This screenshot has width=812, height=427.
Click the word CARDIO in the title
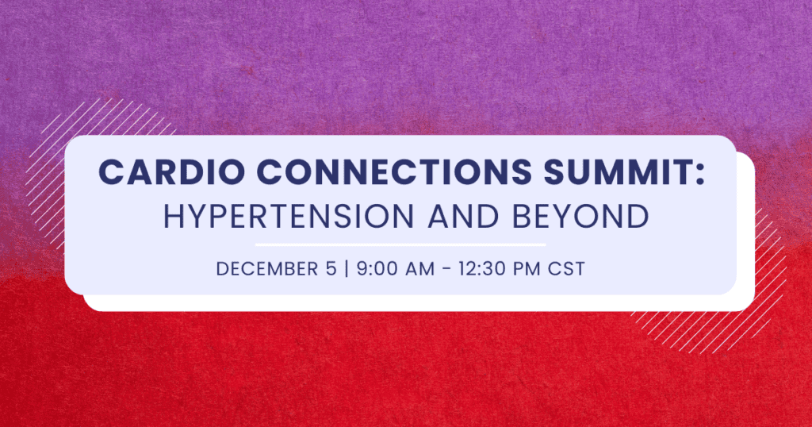[171, 171]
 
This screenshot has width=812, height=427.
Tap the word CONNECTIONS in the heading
[394, 171]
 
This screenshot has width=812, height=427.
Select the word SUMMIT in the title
[617, 171]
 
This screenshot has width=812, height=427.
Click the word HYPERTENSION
[289, 216]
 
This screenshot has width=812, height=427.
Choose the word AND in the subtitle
[463, 216]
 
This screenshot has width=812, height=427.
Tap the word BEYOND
[580, 216]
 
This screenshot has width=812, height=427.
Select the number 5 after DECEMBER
[331, 269]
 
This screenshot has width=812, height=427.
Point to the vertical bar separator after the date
[347, 269]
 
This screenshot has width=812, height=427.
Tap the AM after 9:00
[419, 269]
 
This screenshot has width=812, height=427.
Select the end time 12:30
[482, 269]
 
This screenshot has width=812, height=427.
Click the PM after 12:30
[527, 269]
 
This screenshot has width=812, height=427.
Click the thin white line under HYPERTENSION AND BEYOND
[400, 244]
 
